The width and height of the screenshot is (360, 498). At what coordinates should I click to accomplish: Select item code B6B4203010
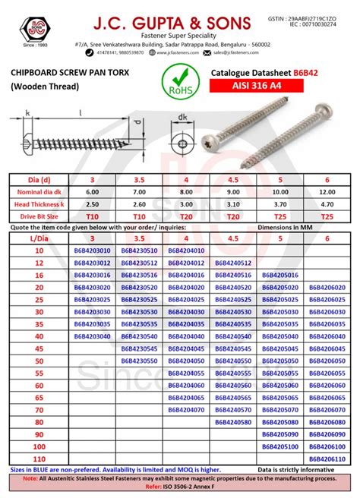pos(92,251)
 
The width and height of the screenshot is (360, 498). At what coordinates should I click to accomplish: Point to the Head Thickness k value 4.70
pos(327,205)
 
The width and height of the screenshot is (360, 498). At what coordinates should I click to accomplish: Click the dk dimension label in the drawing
pos(182,117)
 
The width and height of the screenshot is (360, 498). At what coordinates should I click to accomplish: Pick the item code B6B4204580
pos(233,422)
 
